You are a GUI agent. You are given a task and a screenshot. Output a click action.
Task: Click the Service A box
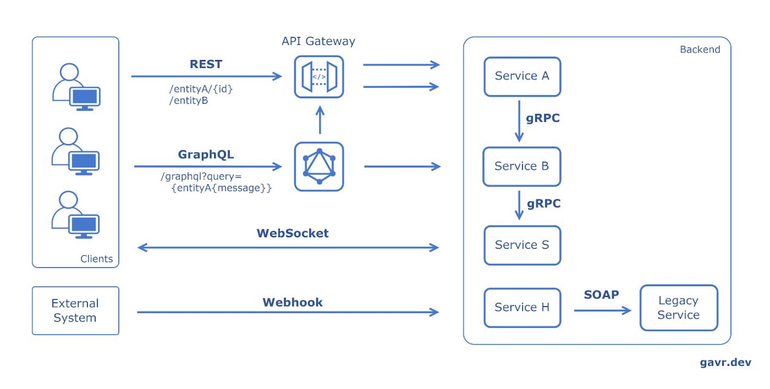tap(522, 77)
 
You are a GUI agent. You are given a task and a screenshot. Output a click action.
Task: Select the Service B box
tap(521, 166)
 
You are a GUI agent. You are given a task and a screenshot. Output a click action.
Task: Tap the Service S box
tap(522, 245)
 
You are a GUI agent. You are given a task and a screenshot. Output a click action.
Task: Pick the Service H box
tap(522, 307)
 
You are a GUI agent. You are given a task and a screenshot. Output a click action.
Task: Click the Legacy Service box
tap(679, 308)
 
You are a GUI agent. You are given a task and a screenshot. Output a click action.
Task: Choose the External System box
tap(75, 310)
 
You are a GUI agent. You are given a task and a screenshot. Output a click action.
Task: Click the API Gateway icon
tap(319, 77)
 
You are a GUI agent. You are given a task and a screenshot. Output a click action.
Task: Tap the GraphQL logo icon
tap(319, 166)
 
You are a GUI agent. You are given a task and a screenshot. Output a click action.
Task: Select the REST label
tap(206, 64)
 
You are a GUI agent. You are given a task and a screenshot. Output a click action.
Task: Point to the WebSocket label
tap(292, 233)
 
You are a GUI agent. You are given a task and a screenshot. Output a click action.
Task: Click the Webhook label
tap(292, 302)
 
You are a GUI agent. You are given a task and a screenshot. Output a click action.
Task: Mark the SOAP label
tap(601, 294)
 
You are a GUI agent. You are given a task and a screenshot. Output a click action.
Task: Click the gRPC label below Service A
tap(543, 118)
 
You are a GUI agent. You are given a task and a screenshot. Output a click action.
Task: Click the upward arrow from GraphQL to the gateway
tap(320, 120)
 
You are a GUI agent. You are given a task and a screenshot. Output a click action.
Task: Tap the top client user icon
tap(76, 87)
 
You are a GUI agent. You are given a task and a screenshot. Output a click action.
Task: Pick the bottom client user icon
tap(75, 215)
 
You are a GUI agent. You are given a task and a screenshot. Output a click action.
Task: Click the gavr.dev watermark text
tap(725, 362)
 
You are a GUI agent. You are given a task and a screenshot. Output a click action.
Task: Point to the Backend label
tap(700, 49)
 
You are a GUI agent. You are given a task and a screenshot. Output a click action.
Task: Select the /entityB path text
tap(188, 101)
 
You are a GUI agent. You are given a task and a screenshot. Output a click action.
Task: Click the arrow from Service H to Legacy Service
tap(602, 310)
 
